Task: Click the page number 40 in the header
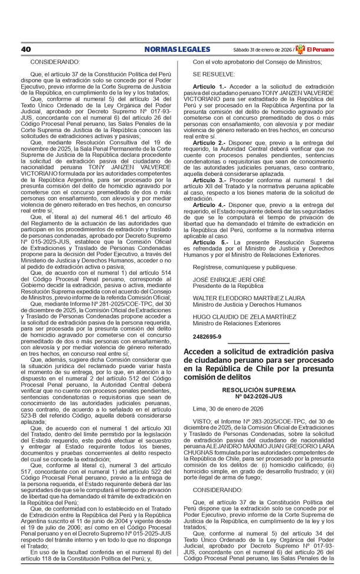pyautogui.click(x=25, y=49)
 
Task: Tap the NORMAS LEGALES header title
pyautogui.click(x=176, y=49)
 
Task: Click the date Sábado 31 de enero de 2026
pyautogui.click(x=262, y=50)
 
